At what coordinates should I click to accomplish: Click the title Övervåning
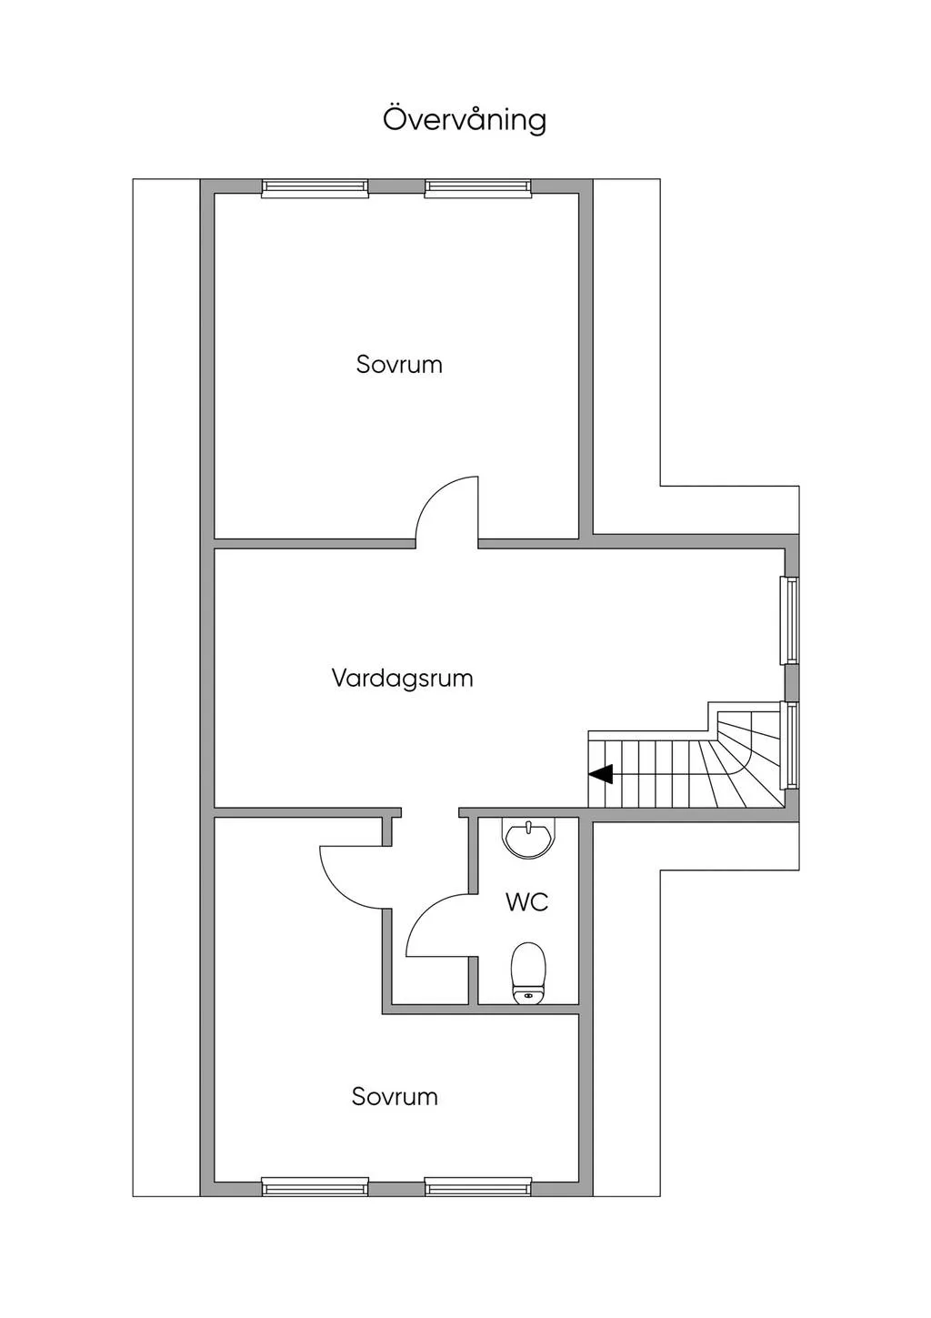465,119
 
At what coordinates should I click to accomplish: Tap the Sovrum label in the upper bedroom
399,365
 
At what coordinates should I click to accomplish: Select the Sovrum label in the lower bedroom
395,1097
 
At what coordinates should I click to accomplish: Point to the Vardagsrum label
402,679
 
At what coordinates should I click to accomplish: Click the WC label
527,902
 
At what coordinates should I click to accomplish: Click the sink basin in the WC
528,840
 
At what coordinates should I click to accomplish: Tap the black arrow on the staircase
601,774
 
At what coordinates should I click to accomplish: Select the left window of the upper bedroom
315,188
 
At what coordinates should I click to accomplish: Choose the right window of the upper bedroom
478,188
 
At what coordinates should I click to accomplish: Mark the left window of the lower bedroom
315,1186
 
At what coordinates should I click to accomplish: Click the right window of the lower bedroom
478,1186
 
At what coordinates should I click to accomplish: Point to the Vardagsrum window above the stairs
791,620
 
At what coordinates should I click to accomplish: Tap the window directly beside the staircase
791,745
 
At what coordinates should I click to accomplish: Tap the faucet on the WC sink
528,826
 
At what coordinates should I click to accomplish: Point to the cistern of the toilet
527,997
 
